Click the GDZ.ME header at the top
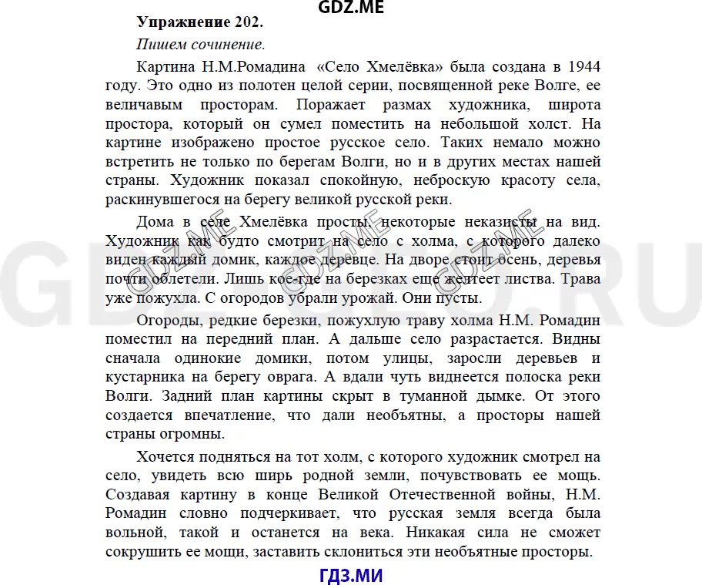pos(350,8)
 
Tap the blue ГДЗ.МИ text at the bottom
pos(350,574)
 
